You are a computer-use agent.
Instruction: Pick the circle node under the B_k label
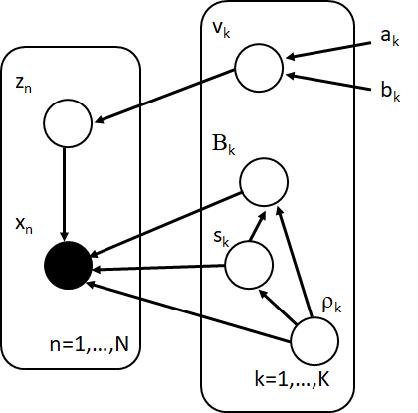(263, 183)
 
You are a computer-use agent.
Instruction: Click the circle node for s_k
(249, 265)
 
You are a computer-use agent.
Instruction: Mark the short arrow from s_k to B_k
(256, 226)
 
